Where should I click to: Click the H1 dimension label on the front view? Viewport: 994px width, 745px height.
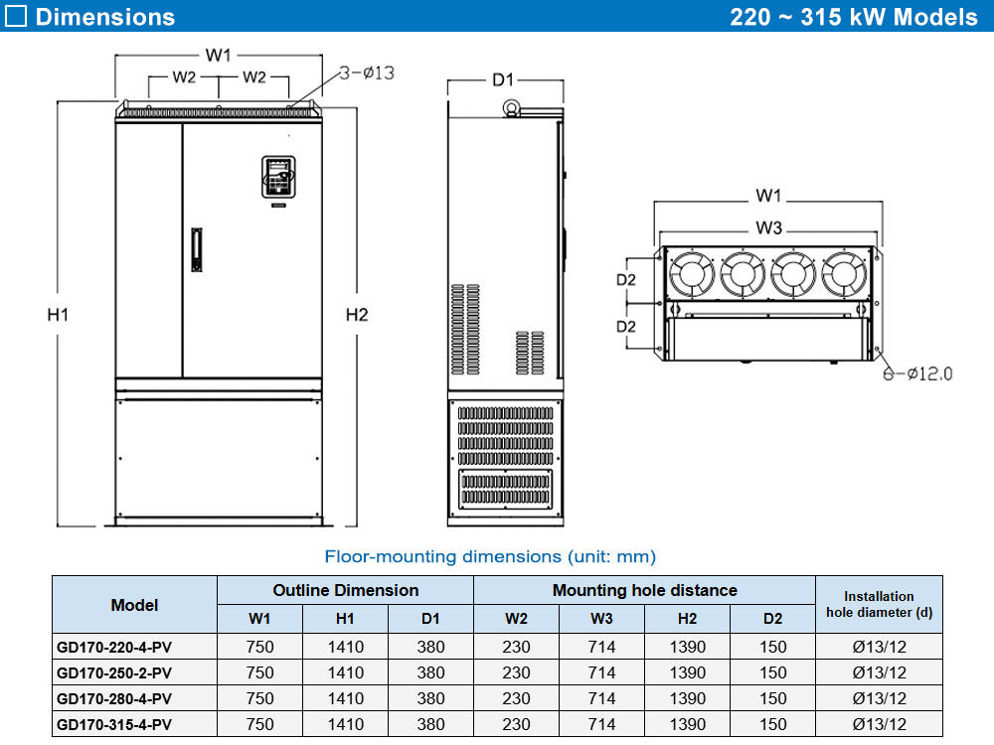(58, 315)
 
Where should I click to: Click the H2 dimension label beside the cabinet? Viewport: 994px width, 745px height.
(357, 315)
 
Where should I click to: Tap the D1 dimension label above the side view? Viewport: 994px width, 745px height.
(503, 79)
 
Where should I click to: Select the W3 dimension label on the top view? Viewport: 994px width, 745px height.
(768, 227)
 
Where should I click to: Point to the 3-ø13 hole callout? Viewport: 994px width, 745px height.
(368, 73)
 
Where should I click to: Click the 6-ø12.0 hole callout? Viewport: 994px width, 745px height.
(918, 373)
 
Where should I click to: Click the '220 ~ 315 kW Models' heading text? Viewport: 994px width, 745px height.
(854, 17)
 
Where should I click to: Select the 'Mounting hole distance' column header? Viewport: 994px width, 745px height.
(644, 590)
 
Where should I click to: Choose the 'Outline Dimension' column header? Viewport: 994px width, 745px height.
(345, 590)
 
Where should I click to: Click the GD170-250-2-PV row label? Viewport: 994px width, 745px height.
(115, 672)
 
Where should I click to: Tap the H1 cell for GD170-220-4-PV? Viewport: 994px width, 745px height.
(345, 647)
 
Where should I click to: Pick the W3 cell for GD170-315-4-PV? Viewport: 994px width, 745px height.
(601, 724)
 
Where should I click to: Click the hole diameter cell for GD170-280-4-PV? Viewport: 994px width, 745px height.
(879, 698)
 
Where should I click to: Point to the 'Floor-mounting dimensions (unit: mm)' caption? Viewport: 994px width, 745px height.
(490, 556)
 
